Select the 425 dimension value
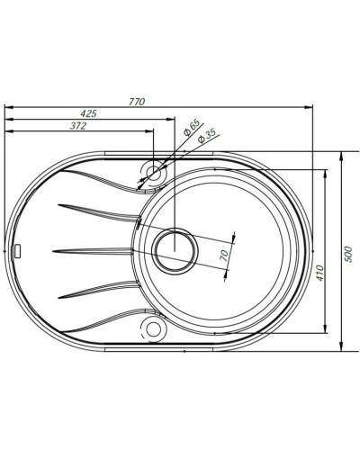(x=87, y=113)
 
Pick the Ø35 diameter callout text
(x=206, y=137)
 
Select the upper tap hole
(x=152, y=170)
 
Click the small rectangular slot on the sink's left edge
(x=19, y=249)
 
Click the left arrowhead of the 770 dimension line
(x=8, y=108)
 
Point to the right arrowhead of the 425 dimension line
(x=167, y=121)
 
